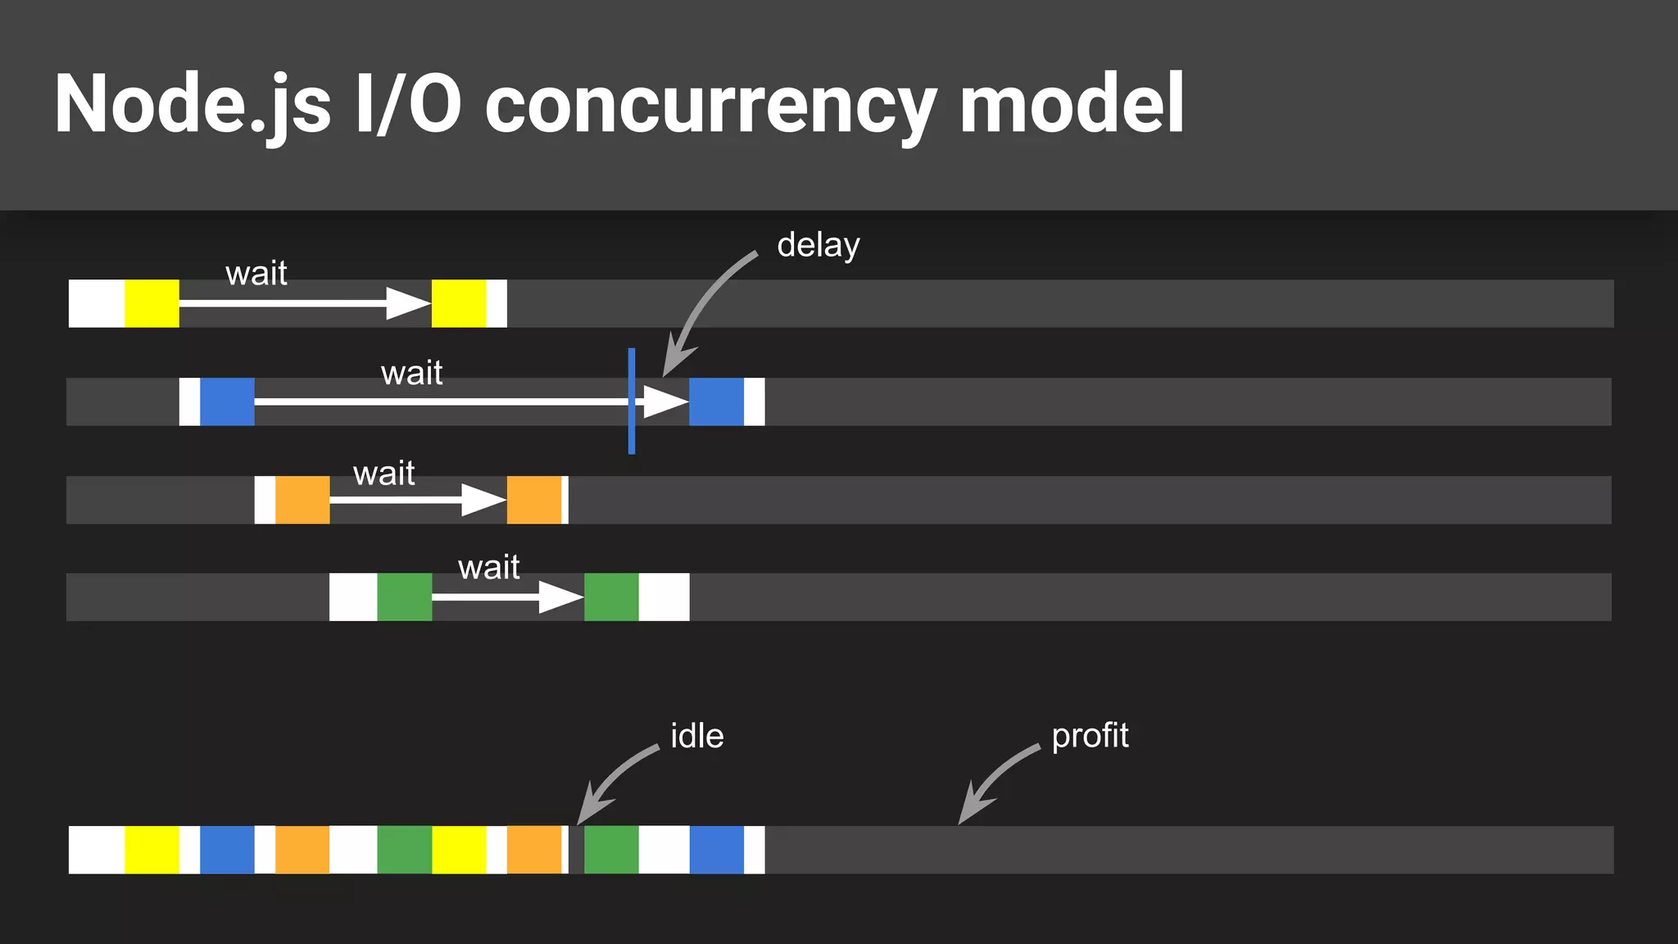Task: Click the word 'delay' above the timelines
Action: pos(818,246)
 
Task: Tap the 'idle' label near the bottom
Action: pos(696,736)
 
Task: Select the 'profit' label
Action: pos(1090,736)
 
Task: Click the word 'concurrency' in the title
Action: pos(710,104)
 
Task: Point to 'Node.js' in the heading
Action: pos(193,104)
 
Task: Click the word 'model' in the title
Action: pos(1071,104)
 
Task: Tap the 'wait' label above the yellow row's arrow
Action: pos(256,273)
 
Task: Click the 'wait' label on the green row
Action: pos(488,567)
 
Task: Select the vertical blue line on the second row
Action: pos(632,401)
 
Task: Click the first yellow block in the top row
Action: pos(152,303)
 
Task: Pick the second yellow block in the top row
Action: pos(459,303)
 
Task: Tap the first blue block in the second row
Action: pos(227,402)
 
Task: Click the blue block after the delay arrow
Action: pos(716,402)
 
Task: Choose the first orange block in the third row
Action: pos(302,500)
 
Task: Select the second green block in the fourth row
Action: pos(611,597)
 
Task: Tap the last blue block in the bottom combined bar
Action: pos(716,850)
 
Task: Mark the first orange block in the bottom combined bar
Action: pos(302,850)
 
